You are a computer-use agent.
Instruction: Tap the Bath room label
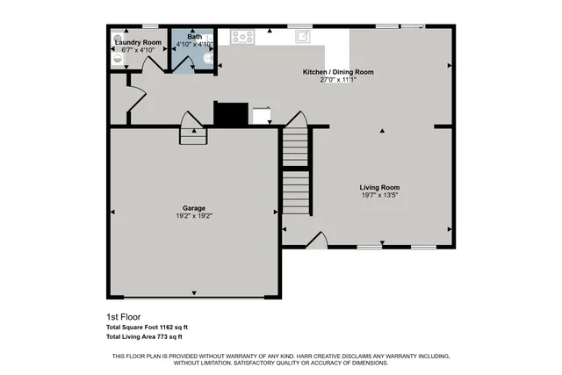coord(193,37)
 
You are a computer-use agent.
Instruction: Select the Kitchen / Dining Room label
coord(338,72)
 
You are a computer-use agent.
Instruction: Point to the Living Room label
coord(379,187)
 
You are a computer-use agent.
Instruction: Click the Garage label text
coord(194,208)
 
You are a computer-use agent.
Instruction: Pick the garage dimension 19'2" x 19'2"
coord(194,215)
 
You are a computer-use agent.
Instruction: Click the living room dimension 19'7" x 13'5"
coord(379,194)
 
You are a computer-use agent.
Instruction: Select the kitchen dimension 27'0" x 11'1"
coord(338,79)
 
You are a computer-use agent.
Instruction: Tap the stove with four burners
coord(242,38)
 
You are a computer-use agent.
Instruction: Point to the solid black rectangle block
coord(232,114)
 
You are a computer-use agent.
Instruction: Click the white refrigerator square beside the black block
coord(261,115)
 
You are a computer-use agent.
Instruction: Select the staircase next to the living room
coord(295,171)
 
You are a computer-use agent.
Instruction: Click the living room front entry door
coord(318,240)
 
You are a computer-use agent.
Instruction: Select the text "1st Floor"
coord(123,316)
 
